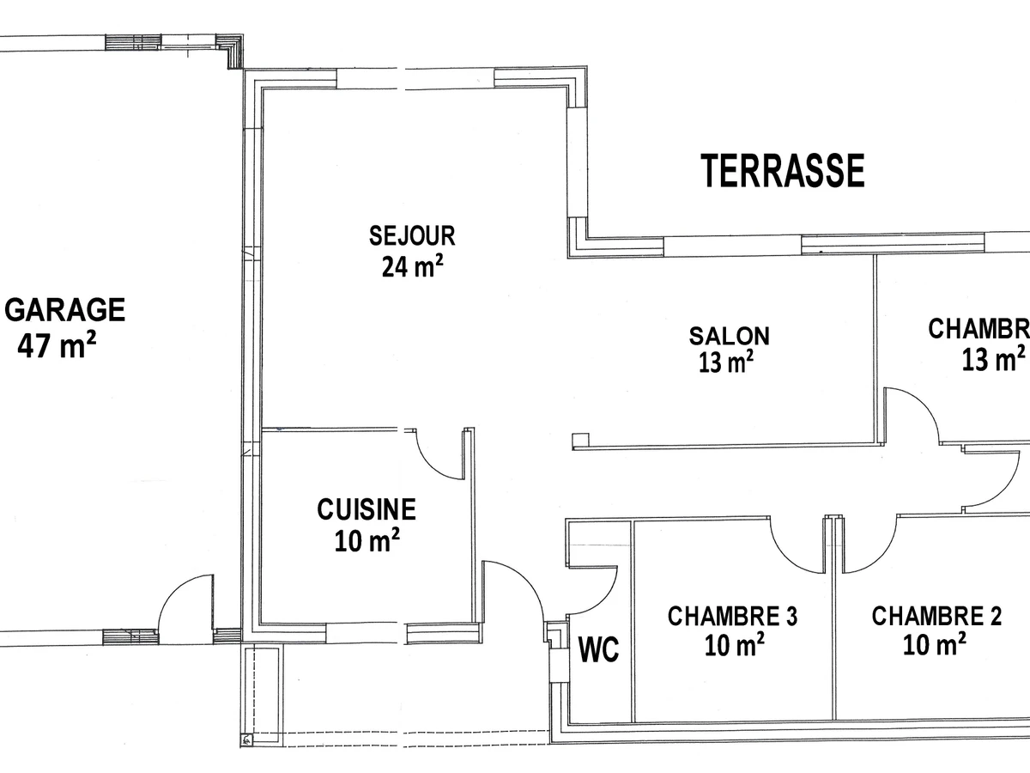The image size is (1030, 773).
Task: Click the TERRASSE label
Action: (783, 170)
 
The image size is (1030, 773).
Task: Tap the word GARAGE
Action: (66, 309)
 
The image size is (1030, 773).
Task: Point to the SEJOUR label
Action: (412, 234)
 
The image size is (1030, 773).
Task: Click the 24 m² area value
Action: (412, 267)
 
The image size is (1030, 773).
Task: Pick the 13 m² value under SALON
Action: (726, 363)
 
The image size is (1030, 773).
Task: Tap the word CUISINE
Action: (367, 509)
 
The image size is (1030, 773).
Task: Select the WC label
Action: (598, 650)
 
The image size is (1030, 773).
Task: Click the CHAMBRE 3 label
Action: (732, 616)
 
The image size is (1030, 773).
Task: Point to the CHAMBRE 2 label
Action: (936, 616)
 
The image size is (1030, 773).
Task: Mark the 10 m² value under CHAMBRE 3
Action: (735, 645)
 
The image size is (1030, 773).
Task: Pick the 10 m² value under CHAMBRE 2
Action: (935, 644)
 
